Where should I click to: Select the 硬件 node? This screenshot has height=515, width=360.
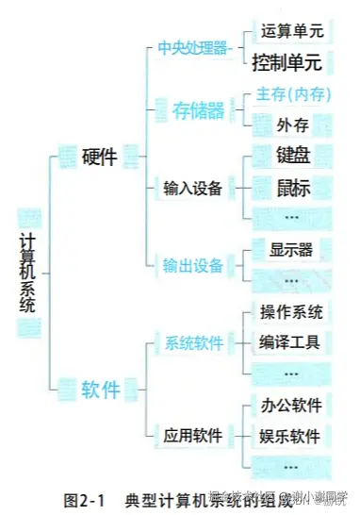click(x=99, y=158)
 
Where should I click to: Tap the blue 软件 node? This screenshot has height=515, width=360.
click(x=100, y=388)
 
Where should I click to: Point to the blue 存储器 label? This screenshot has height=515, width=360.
click(x=199, y=110)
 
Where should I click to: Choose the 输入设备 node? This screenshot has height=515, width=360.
click(x=192, y=188)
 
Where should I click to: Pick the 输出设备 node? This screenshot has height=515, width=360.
click(x=193, y=265)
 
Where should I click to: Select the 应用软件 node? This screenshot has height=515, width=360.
click(x=192, y=435)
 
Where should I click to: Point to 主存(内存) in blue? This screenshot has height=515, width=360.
click(x=292, y=95)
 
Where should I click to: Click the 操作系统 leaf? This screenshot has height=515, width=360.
click(x=290, y=311)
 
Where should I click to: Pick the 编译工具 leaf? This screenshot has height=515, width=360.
click(x=290, y=342)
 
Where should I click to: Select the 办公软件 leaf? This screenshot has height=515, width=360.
click(x=290, y=406)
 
